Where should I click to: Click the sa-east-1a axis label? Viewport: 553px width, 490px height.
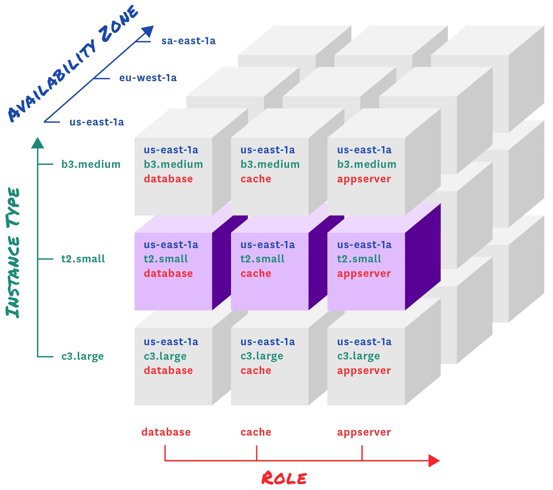(188, 41)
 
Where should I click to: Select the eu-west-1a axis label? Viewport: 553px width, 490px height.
(148, 78)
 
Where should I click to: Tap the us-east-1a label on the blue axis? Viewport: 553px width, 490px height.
(97, 122)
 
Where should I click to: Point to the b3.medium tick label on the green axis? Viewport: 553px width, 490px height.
(91, 164)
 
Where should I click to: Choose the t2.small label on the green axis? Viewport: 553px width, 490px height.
(83, 259)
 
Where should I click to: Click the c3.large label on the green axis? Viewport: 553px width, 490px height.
(82, 356)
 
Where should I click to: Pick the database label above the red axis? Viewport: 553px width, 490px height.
(166, 432)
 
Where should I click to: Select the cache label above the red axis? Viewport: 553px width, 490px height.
(256, 432)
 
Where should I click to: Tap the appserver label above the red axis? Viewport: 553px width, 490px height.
(364, 432)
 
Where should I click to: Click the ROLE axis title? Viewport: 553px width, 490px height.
(284, 478)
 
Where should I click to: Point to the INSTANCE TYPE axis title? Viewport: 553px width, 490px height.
(13, 253)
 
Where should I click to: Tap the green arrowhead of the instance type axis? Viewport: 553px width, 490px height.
(38, 143)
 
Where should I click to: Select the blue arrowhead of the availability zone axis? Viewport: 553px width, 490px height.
(148, 31)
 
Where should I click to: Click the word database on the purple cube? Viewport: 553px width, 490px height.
(168, 273)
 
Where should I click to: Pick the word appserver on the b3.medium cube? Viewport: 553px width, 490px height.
(364, 179)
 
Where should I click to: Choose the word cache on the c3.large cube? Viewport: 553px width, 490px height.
(256, 371)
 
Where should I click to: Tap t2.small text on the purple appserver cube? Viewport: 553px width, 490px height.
(359, 259)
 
